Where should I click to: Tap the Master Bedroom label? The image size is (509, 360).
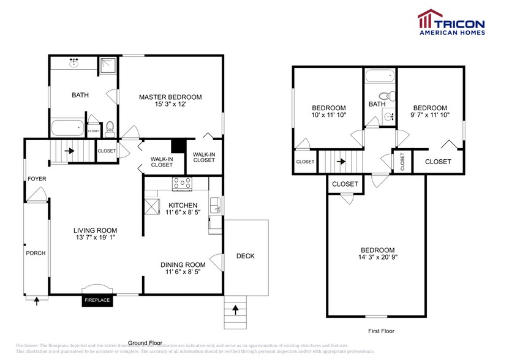click(170, 97)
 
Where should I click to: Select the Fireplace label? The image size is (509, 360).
click(97, 300)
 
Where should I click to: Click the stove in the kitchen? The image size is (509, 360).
click(182, 183)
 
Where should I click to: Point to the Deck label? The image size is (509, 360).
click(245, 256)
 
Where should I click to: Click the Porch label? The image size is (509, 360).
click(36, 253)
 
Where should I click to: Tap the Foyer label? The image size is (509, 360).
click(37, 179)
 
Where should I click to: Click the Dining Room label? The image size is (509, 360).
click(183, 264)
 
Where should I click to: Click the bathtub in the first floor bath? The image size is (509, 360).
click(380, 78)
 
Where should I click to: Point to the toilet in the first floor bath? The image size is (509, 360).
click(385, 96)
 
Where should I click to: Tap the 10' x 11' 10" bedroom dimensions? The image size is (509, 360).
click(330, 114)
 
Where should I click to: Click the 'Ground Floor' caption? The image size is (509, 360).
click(145, 342)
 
